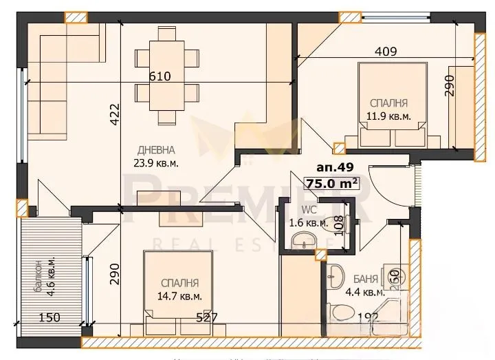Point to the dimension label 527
tap(207, 317)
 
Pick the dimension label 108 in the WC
tap(338, 226)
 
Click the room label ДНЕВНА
tap(156, 149)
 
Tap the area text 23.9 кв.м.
tap(156, 163)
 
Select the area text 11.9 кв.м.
tap(389, 116)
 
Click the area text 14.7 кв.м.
tap(179, 296)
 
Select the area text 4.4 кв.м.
tap(355, 292)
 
